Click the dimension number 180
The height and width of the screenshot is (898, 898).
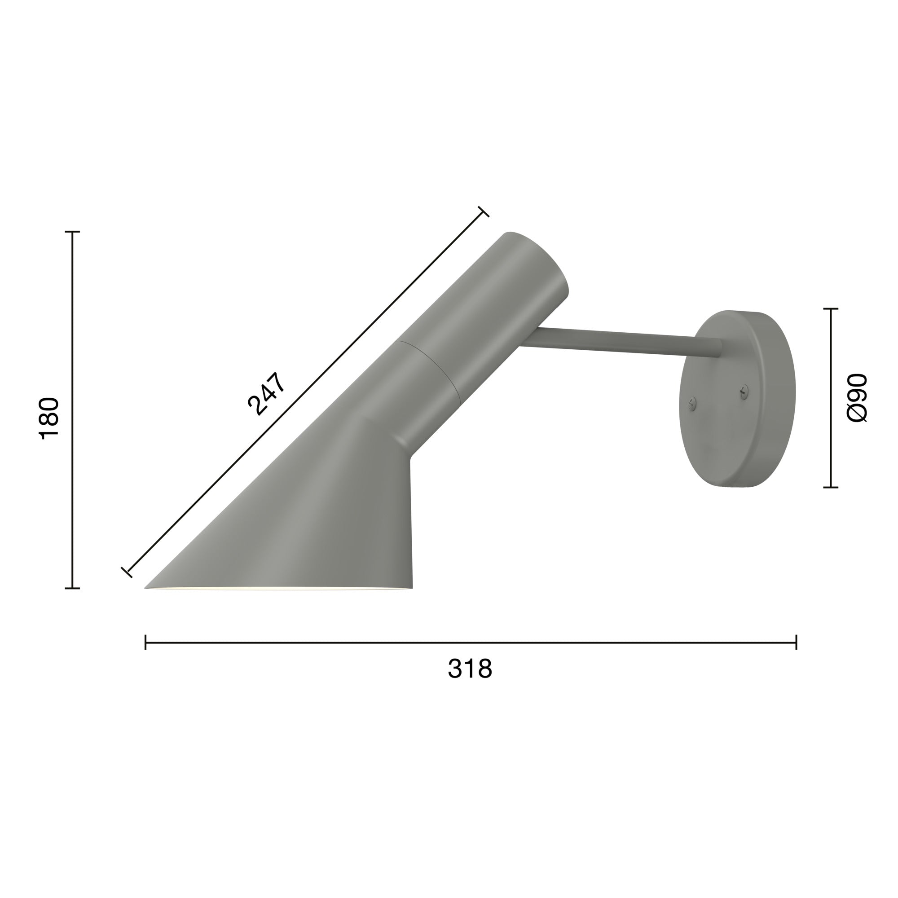click(x=50, y=418)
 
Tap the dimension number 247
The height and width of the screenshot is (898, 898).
click(x=266, y=393)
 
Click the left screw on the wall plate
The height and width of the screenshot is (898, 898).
click(x=692, y=404)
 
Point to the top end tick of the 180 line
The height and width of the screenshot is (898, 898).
click(x=72, y=232)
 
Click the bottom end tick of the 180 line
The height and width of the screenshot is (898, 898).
click(x=72, y=589)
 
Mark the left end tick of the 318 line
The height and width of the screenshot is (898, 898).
click(x=146, y=642)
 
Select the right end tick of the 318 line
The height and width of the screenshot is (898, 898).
click(x=796, y=642)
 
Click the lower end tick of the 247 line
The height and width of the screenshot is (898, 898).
click(x=127, y=572)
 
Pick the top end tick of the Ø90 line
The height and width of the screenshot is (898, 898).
click(x=831, y=308)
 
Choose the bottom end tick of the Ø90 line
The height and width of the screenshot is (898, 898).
click(x=831, y=488)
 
